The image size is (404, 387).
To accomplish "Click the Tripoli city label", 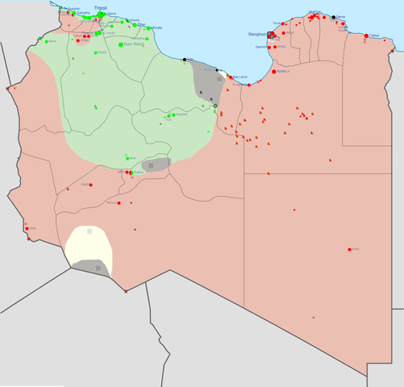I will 100,7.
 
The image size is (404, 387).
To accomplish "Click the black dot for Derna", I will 334,17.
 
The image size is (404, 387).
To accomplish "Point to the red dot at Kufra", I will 349,249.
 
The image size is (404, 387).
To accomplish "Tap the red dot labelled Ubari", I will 90,185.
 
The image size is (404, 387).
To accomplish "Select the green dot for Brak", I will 127,157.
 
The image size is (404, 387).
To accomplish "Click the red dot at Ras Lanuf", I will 230,77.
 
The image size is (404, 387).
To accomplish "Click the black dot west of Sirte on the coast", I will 185,60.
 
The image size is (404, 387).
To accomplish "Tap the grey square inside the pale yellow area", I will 89,232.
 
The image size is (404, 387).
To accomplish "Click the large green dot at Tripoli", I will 100,14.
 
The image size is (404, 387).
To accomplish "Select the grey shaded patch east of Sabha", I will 156,164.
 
